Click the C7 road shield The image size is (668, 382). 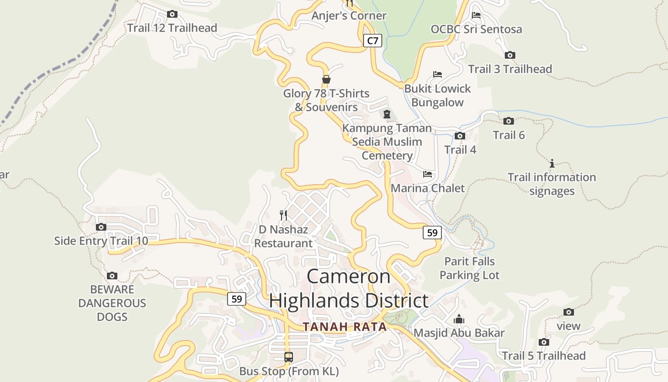click(x=373, y=41)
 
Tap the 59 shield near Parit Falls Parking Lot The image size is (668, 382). click(x=432, y=233)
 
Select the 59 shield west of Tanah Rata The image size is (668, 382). click(x=236, y=299)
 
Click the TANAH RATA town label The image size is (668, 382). click(x=344, y=327)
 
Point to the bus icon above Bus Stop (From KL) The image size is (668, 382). click(x=289, y=357)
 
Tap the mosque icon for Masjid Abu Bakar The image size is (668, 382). click(x=459, y=318)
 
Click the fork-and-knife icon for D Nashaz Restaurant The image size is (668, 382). click(x=283, y=215)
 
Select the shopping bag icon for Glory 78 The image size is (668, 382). click(x=326, y=79)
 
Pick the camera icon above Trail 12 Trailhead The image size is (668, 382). click(x=172, y=14)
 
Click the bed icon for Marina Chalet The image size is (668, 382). click(x=428, y=174)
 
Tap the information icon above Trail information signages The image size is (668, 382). click(x=552, y=163)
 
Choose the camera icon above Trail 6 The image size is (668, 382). click(x=509, y=121)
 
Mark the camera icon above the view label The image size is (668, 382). click(x=569, y=312)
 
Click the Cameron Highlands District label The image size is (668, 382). click(x=349, y=288)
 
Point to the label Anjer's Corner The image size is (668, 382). click(x=349, y=16)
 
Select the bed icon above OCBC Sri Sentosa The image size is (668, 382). click(x=476, y=15)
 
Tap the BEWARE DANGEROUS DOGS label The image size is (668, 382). click(x=112, y=303)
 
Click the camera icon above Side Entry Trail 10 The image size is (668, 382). click(x=101, y=227)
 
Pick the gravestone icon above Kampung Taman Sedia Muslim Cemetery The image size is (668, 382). click(x=387, y=114)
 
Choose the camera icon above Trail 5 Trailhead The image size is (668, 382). click(x=544, y=342)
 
